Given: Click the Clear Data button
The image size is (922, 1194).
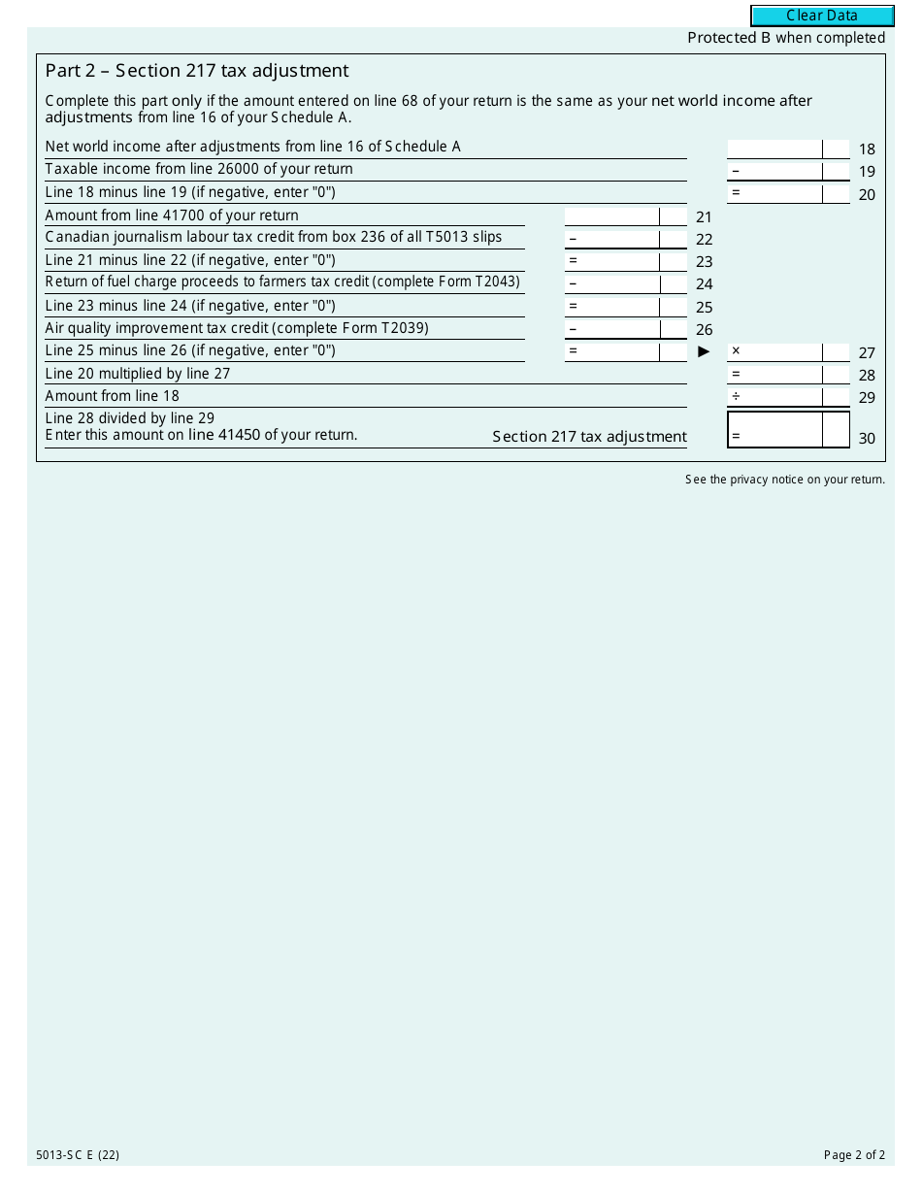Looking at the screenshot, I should coord(822,16).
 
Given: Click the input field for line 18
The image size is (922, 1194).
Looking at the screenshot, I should coord(774,149).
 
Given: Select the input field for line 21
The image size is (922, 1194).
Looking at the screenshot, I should coord(611,216).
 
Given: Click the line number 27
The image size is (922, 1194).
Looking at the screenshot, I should coord(867,353).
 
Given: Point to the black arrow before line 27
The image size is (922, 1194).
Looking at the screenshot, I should coord(705,351).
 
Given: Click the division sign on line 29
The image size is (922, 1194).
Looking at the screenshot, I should coord(736,396).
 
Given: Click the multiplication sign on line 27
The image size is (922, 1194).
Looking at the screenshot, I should coord(736,351).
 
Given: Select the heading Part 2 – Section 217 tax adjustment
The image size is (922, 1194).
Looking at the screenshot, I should coord(197,71).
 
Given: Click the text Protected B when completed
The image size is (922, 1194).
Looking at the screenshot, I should coord(786,38).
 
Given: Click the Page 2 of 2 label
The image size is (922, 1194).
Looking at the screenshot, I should coord(854,1155).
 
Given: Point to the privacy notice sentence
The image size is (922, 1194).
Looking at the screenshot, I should coord(785,480).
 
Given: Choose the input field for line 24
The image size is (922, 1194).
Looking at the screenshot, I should coord(611,284).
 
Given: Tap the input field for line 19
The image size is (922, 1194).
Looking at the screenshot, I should coord(774,171).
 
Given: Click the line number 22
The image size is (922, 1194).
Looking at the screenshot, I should coord(704,240).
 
